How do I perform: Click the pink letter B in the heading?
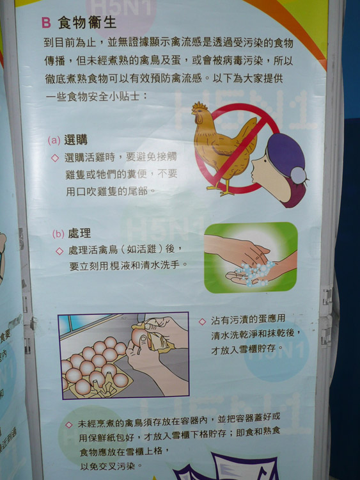(46, 22)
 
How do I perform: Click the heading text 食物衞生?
(87, 22)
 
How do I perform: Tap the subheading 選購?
(75, 140)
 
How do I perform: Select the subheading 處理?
(79, 234)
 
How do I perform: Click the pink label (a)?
(54, 141)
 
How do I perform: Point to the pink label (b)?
(58, 234)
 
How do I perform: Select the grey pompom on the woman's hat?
(298, 175)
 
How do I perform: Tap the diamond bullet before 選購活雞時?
(55, 158)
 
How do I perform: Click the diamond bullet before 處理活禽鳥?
(59, 251)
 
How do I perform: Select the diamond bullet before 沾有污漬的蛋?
(202, 321)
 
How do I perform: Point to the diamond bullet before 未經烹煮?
(69, 424)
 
